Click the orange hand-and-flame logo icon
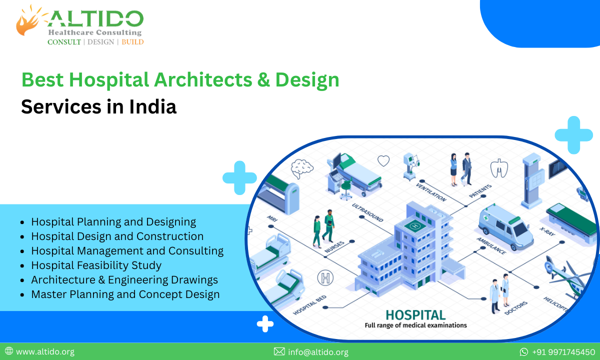pos(28,21)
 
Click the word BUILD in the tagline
pos(132,42)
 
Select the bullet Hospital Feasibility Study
pos(96,265)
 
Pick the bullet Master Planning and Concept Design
pos(125,294)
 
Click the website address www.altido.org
pos(45,352)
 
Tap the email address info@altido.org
pos(318,352)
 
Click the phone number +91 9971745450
pos(563,352)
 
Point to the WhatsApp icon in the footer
pos(524,352)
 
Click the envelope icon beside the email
pos(279,352)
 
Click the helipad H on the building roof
pos(414,226)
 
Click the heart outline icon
pos(383,160)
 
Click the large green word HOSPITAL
pos(415,314)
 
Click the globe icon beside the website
pos(9,351)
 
